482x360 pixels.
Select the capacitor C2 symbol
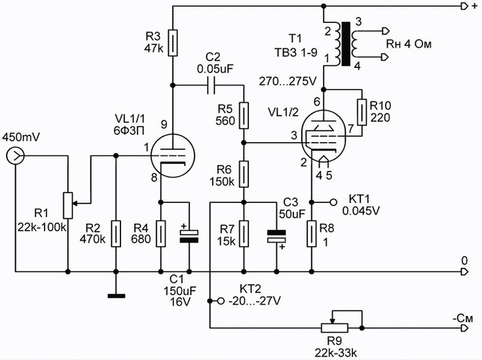[212, 84]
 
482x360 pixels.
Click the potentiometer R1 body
[67, 204]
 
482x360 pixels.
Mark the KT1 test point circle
[333, 202]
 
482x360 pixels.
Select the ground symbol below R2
[116, 296]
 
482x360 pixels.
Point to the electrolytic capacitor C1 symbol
[189, 236]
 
